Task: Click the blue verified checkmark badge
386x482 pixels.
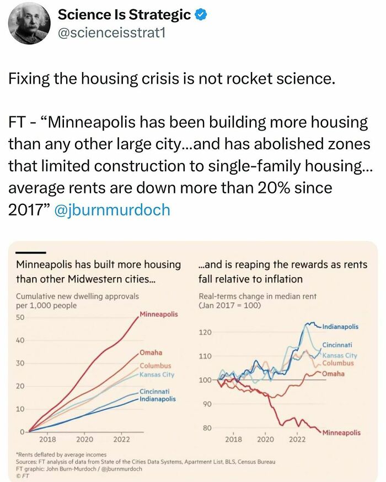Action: coord(201,15)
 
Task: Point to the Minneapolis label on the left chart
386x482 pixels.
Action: coord(159,314)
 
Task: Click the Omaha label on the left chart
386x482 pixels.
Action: coord(151,353)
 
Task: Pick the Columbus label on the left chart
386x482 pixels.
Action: coord(155,366)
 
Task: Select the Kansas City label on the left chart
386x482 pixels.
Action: coord(157,375)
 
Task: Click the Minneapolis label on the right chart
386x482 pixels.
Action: coord(342,432)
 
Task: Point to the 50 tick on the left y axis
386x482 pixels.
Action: coord(20,318)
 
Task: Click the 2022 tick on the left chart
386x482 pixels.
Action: coord(121,440)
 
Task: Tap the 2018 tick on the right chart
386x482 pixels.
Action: coord(233,440)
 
